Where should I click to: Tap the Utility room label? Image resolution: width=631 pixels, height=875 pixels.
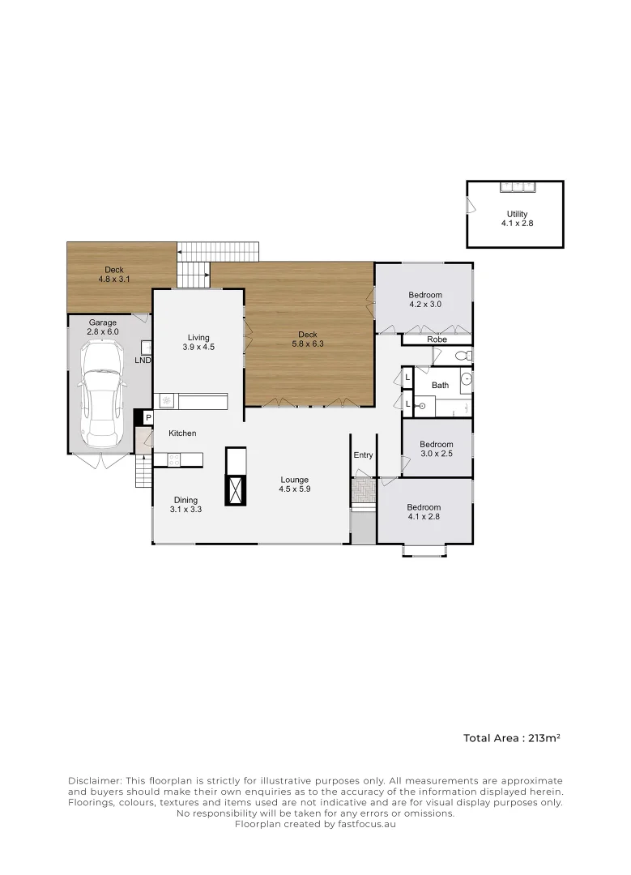coord(517,214)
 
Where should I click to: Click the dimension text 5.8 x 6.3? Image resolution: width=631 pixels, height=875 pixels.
coord(308,344)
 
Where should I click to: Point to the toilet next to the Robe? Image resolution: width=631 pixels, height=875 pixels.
coord(463,356)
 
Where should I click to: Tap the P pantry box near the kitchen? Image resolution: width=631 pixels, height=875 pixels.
coord(147,417)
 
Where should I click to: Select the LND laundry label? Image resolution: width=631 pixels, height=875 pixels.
coord(143,359)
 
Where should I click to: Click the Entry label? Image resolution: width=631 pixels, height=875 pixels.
coord(363,455)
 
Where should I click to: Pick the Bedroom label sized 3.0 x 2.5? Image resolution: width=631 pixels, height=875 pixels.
coord(436,444)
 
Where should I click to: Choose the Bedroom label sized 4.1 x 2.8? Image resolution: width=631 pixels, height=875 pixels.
coord(424,507)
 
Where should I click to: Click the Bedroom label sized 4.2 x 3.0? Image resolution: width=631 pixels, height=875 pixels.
coord(425,295)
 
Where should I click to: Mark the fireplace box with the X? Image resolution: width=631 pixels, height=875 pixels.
coord(236,490)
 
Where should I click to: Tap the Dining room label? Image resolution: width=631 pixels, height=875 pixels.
coord(185,500)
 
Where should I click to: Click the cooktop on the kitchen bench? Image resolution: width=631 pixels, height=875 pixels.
coord(173,459)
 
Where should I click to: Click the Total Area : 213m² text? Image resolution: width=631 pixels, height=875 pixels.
coord(512,738)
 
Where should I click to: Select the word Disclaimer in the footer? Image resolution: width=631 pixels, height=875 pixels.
coord(94,779)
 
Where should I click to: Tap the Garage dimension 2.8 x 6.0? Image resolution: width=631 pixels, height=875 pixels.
coord(103,331)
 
